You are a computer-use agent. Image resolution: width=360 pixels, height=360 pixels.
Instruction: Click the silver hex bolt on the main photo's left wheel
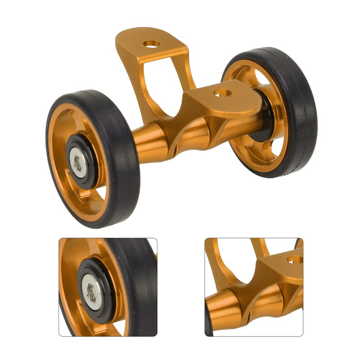click(77, 160)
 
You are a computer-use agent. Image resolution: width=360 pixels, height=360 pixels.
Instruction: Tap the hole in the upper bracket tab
click(152, 45)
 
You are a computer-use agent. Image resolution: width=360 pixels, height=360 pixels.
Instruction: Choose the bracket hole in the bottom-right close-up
click(295, 261)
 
